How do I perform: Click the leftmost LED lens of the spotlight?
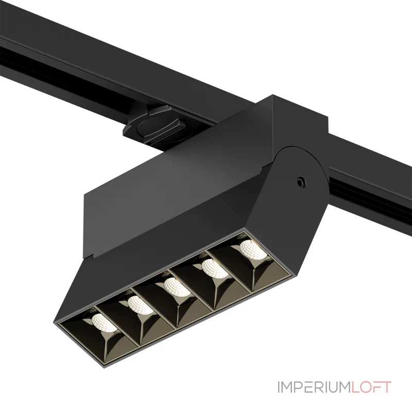(105, 322)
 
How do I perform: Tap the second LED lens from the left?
(140, 305)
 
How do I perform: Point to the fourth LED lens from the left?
(215, 268)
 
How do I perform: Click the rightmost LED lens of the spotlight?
(252, 249)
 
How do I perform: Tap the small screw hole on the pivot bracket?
(300, 181)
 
